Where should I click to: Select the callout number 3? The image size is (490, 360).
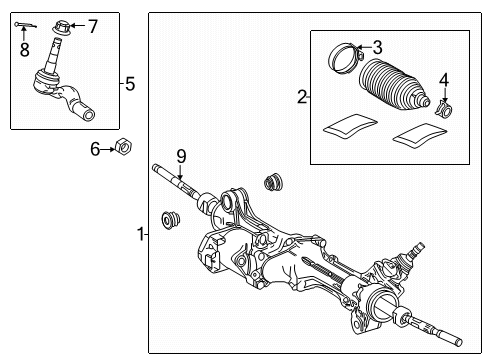377,46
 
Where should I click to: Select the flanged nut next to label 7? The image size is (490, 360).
63,25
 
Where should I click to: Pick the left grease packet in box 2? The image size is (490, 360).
345,125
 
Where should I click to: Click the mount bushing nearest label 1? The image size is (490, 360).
172,219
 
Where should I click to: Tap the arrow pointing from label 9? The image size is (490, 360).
181,173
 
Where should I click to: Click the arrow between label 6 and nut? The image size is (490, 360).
109,149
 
